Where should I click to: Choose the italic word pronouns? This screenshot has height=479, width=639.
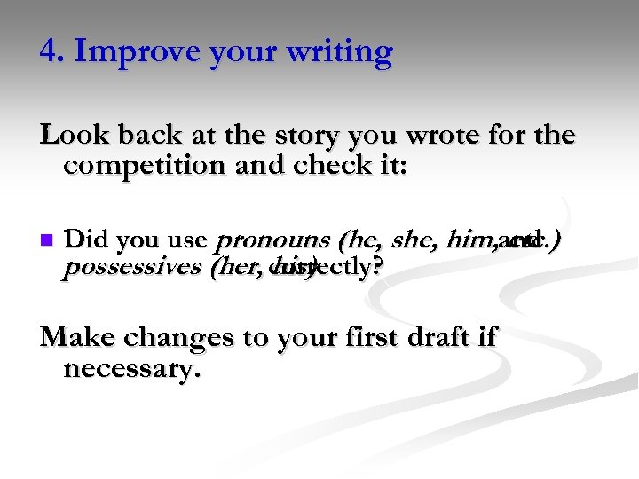click(270, 239)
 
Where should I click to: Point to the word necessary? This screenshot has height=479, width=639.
click(132, 367)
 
